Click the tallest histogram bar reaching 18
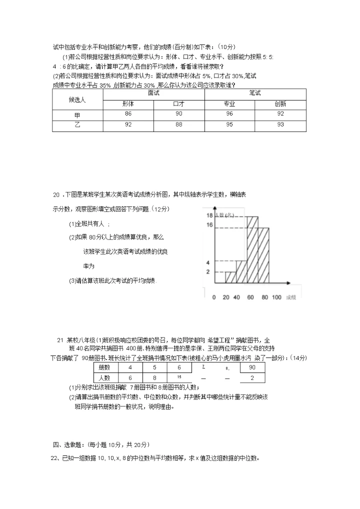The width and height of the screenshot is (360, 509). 252,250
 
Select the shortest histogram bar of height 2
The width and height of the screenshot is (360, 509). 230,277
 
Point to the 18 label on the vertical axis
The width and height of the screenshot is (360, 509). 209,215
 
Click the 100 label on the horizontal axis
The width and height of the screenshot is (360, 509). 276,297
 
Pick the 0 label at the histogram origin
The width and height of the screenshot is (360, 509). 214,297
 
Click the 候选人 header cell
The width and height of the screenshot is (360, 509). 77,99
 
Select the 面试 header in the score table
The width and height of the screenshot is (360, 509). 153,93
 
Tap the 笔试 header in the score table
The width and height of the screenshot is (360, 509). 255,93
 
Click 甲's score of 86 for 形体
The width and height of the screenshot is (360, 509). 128,114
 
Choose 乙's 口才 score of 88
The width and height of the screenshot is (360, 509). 178,124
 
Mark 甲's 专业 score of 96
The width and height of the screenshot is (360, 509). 229,114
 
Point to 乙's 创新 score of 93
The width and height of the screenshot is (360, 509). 280,124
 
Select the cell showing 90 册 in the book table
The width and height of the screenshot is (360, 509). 252,367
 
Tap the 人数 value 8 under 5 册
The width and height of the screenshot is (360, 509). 154,378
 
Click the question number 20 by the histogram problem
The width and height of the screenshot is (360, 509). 56,193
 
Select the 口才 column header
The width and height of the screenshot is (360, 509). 178,104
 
